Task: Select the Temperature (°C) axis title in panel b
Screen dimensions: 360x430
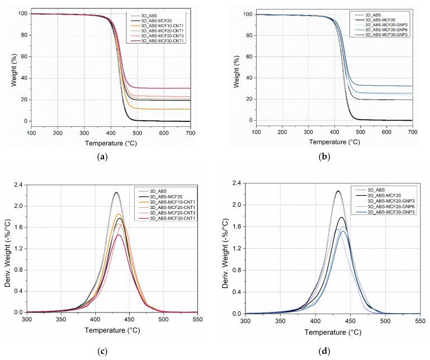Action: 334,141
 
